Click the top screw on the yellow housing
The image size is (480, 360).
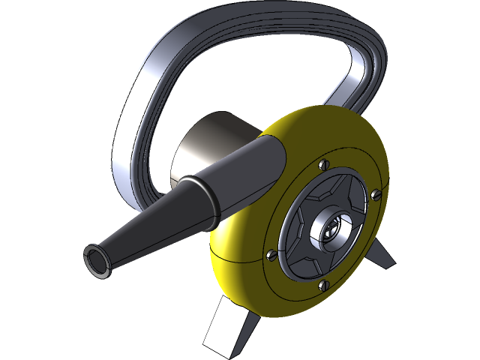coord(323,165)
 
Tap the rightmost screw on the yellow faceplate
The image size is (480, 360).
coord(375,195)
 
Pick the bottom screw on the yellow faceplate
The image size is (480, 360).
coord(322,284)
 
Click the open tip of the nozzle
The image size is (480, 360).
coord(95,259)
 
